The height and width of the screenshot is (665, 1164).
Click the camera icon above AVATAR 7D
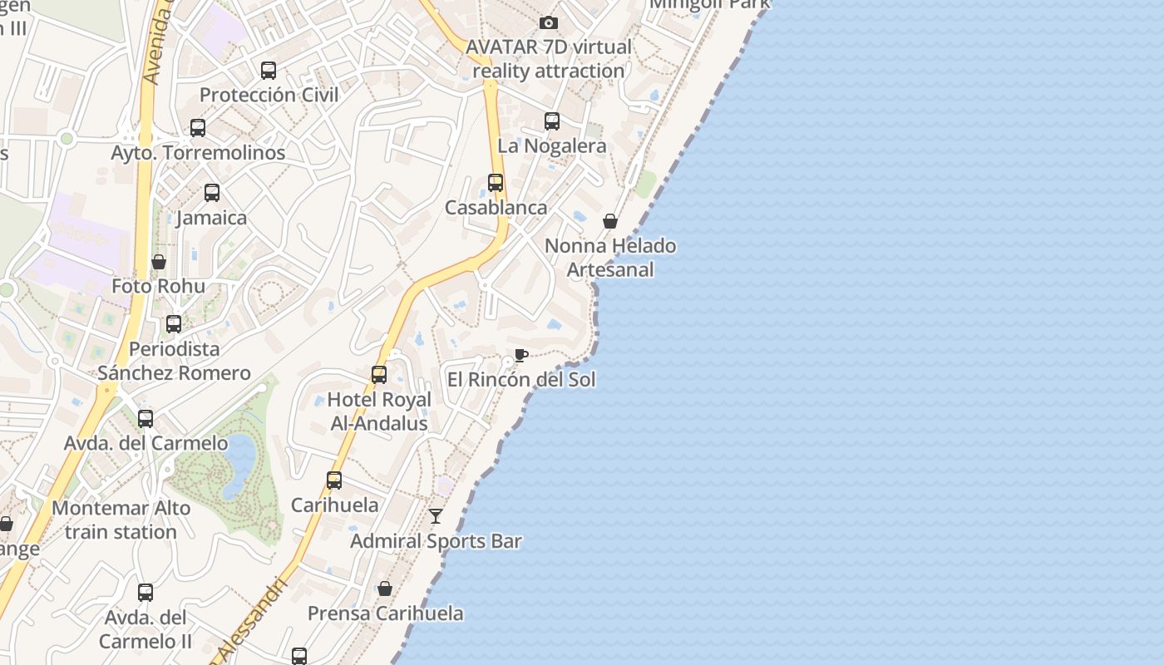tap(548, 22)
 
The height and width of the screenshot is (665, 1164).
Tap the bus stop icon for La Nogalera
tap(552, 121)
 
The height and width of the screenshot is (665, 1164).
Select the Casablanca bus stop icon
tap(496, 183)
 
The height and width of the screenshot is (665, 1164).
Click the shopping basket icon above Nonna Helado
tap(610, 221)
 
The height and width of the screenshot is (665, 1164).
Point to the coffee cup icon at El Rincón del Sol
tap(521, 356)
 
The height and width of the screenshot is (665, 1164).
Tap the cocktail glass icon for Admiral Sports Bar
tap(436, 516)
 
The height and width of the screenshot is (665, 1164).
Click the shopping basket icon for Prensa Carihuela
tap(385, 589)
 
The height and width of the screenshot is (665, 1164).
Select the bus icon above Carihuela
tap(334, 480)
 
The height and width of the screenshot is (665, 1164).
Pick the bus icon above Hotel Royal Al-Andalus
tap(379, 375)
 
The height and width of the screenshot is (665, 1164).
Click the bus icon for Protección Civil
tap(269, 71)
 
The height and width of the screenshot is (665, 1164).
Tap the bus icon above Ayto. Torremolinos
tap(198, 128)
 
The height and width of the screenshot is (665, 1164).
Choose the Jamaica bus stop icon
tap(212, 193)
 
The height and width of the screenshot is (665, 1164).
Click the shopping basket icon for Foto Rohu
tap(159, 262)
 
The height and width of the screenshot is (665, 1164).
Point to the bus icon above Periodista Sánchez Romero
tap(174, 324)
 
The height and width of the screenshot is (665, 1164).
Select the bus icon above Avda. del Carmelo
tap(145, 419)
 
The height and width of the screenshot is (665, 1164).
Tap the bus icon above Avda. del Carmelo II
tap(145, 593)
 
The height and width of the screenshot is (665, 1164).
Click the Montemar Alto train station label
tap(121, 520)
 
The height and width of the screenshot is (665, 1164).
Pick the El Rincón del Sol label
tap(521, 380)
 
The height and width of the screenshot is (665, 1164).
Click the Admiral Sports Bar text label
tap(436, 541)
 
